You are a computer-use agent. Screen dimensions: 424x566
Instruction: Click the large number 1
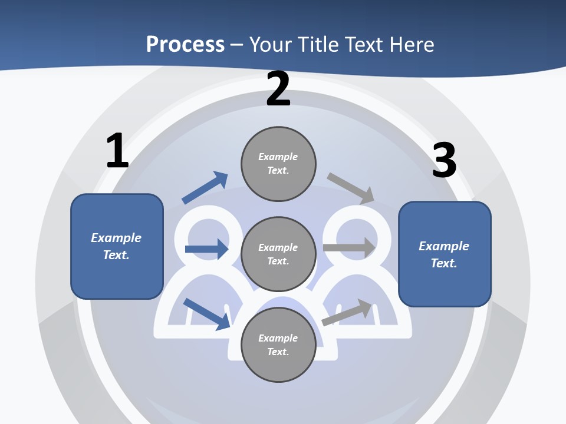[117, 151]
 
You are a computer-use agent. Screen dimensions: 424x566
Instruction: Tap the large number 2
[278, 89]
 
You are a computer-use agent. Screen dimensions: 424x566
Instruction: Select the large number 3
[444, 160]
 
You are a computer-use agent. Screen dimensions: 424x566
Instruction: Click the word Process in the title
[185, 44]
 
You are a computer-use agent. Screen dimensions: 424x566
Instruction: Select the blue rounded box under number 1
[117, 246]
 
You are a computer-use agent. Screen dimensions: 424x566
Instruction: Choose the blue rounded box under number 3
[445, 254]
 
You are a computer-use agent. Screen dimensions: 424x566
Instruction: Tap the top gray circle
[278, 164]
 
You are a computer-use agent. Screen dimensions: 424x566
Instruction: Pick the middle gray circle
[278, 254]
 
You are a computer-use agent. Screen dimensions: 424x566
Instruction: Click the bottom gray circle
[278, 344]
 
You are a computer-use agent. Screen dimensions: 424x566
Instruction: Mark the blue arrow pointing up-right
[205, 188]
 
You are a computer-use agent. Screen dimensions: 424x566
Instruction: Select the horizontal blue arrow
[206, 249]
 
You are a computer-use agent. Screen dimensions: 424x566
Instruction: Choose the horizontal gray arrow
[349, 248]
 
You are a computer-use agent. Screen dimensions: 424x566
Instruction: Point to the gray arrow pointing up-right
[347, 313]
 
